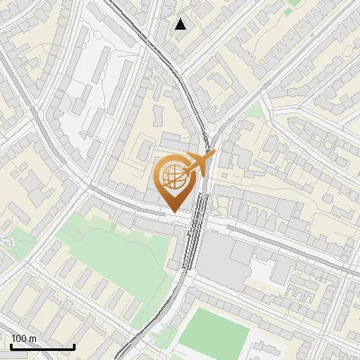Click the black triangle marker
pyautogui.click(x=181, y=23)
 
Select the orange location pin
pyautogui.click(x=174, y=181)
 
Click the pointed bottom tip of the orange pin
pyautogui.click(x=174, y=211)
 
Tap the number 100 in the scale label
pyautogui.click(x=17, y=338)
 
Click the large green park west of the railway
pyautogui.click(x=112, y=256)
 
